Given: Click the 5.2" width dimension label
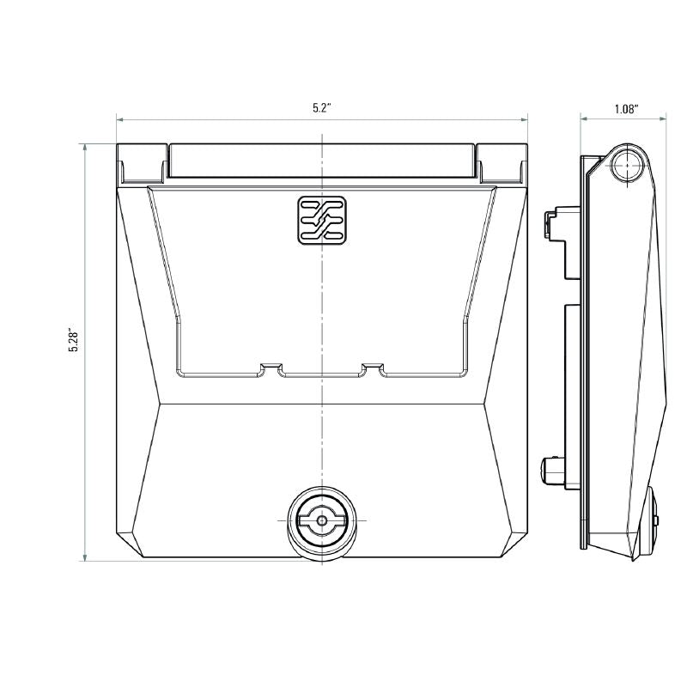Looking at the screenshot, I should [322, 108].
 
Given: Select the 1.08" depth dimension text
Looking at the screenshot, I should [626, 109].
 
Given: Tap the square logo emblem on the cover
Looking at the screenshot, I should [322, 219].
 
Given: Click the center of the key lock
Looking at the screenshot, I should [322, 520].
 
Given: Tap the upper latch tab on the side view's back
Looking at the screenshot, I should [550, 224].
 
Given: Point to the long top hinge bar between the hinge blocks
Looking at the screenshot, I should [322, 161].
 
